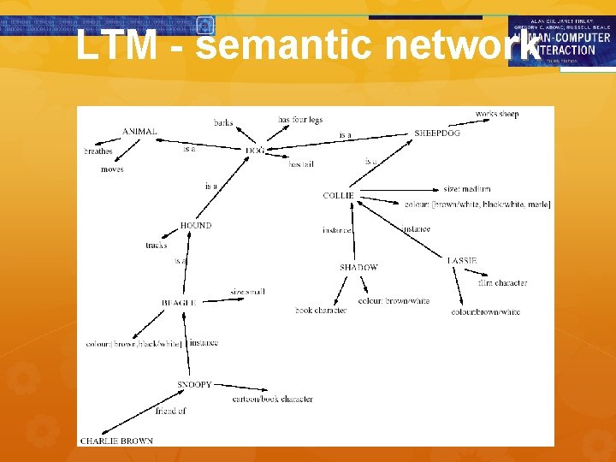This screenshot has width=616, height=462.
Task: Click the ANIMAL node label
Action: point(139,132)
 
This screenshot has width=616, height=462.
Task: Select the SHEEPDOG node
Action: point(436,133)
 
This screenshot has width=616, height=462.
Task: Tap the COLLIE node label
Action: point(338,196)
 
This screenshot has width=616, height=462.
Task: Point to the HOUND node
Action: point(196,226)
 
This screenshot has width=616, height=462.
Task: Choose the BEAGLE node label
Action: point(179,303)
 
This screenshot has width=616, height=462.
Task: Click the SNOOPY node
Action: point(194,385)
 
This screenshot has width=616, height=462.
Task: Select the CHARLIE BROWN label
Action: point(116,441)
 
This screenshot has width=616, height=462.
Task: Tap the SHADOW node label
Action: point(358,268)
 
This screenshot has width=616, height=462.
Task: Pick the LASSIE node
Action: point(462,260)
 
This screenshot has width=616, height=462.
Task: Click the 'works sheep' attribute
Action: point(497,115)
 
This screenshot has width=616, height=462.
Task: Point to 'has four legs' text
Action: point(300,120)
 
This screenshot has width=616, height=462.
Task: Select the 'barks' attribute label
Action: point(223,123)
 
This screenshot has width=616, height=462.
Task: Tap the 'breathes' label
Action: point(98,151)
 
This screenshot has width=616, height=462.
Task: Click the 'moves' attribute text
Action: point(112,169)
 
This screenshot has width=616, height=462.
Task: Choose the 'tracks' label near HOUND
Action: point(157,246)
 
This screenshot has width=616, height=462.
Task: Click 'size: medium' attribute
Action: point(467,189)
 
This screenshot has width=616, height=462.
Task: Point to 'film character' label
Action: point(502,283)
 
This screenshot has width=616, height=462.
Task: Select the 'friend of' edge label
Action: point(170,412)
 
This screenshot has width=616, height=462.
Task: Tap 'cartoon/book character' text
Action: point(273,400)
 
